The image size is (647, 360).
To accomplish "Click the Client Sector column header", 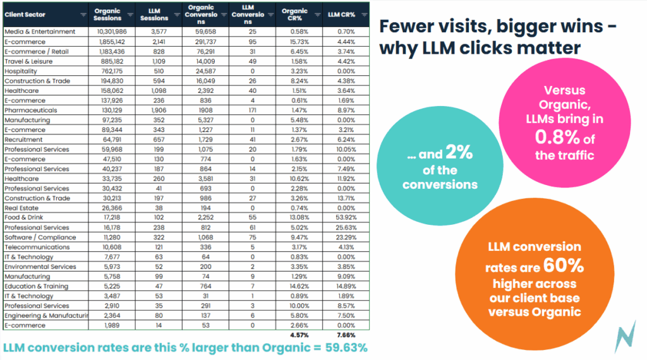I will (x=21, y=15).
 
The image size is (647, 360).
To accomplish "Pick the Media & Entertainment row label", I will (x=40, y=32).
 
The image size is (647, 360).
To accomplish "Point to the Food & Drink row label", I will (x=23, y=217).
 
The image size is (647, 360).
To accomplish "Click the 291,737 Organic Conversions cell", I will (x=203, y=41).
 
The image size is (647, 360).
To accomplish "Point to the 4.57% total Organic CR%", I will (x=299, y=335).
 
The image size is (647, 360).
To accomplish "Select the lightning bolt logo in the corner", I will (x=626, y=337).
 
